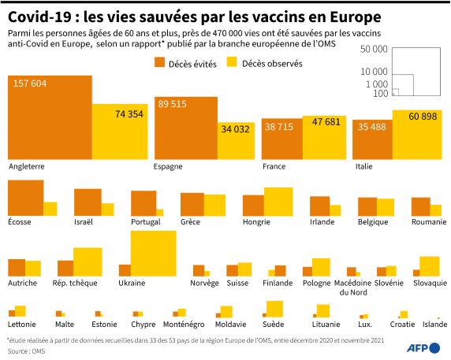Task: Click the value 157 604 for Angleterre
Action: click(x=30, y=84)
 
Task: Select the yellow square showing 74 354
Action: click(x=120, y=132)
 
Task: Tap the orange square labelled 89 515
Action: click(x=186, y=128)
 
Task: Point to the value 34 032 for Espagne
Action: click(x=235, y=129)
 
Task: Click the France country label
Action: click(x=274, y=166)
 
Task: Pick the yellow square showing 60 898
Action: click(x=417, y=135)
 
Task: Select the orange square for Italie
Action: click(x=372, y=139)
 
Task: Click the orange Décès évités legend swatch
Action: click(x=159, y=62)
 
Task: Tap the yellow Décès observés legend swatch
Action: click(x=232, y=62)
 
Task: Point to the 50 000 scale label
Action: click(x=374, y=49)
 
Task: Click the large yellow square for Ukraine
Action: click(x=153, y=254)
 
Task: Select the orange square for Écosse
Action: click(x=25, y=198)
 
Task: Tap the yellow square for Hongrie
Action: click(x=278, y=202)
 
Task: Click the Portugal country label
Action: click(x=146, y=222)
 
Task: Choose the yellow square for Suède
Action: click(x=274, y=309)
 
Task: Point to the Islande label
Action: click(x=434, y=325)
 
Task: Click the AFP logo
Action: click(x=423, y=348)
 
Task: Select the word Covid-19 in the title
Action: click(x=39, y=17)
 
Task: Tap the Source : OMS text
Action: click(x=27, y=351)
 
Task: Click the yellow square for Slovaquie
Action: click(x=430, y=266)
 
